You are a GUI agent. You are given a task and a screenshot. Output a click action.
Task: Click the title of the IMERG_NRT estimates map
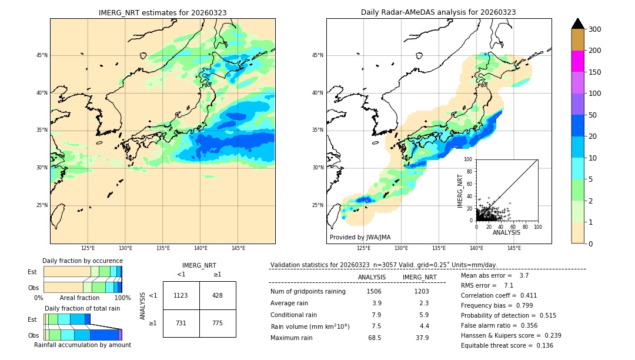(162, 12)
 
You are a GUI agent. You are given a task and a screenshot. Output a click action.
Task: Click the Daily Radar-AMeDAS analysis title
(439, 12)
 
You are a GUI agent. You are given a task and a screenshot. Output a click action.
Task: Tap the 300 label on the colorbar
(595, 29)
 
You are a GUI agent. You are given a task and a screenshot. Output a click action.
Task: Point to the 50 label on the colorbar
(593, 115)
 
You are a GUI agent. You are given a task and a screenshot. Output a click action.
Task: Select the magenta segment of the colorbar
(578, 61)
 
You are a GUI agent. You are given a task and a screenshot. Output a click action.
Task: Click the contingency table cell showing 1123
(181, 295)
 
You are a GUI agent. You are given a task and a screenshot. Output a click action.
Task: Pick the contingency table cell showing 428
(218, 295)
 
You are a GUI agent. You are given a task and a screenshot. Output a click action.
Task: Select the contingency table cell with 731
(181, 323)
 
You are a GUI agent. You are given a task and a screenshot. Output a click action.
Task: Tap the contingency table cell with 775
(218, 323)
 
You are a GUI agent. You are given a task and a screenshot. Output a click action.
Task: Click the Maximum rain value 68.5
(374, 338)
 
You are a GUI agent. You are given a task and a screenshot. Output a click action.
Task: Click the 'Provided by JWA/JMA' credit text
(360, 238)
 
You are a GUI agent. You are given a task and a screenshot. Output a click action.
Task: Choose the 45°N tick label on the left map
(42, 55)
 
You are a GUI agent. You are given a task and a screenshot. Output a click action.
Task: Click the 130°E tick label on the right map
(401, 248)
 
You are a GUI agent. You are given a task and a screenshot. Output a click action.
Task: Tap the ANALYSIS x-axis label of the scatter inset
(506, 232)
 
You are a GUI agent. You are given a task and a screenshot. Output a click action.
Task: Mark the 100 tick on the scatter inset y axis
(469, 159)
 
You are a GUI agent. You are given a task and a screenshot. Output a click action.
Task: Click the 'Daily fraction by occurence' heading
(82, 261)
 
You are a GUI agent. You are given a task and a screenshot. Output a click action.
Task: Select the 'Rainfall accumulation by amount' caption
(82, 345)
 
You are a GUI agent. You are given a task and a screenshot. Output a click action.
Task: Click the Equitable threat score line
(507, 345)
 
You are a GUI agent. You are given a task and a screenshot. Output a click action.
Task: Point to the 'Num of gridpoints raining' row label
(308, 291)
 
